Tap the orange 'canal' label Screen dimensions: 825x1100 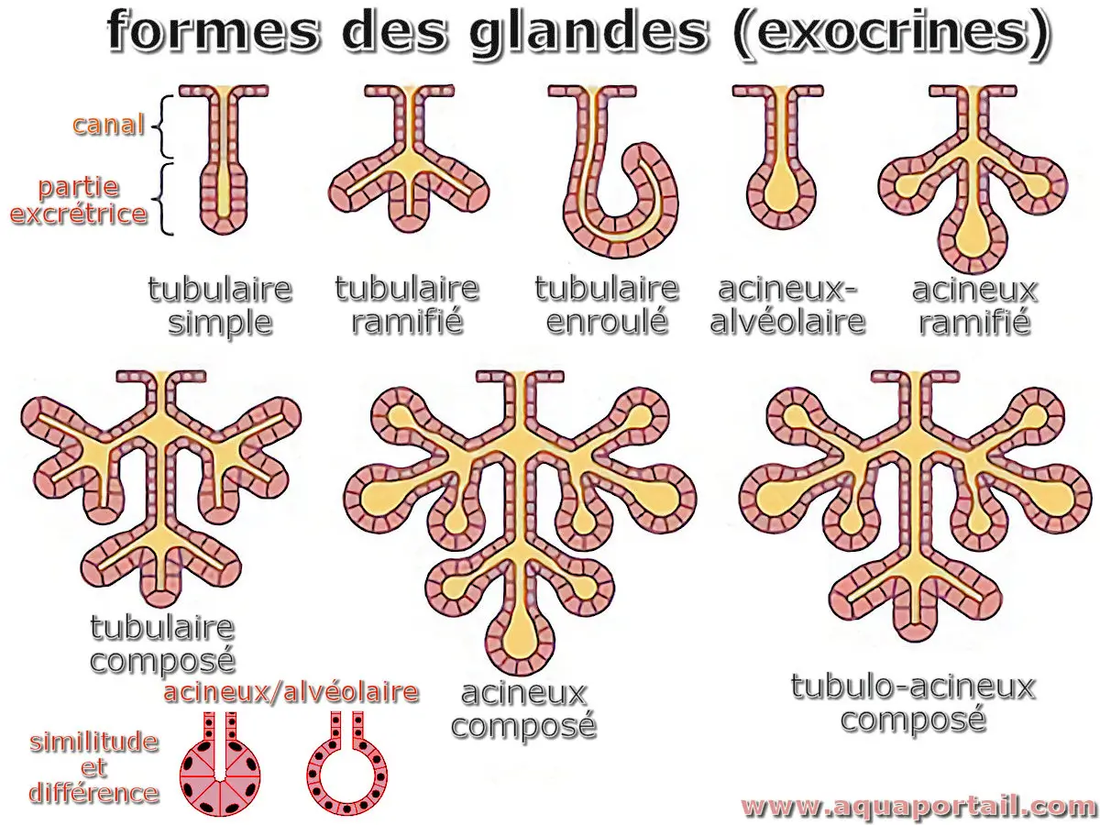108,125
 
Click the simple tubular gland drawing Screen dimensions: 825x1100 221,160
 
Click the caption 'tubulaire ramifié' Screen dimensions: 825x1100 406,305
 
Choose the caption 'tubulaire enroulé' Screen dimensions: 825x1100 607,305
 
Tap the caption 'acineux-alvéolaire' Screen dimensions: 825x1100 788,305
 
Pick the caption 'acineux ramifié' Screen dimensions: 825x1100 973,305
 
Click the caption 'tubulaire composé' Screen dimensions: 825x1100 162,644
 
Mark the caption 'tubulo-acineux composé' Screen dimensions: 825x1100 913,702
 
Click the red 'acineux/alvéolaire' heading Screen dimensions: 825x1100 291,691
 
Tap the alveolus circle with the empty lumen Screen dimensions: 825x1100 346,768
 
